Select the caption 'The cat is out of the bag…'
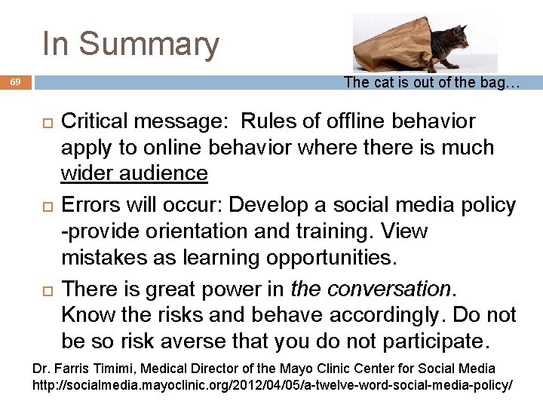[x=431, y=83]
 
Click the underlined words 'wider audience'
[x=134, y=173]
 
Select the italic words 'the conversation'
[x=370, y=289]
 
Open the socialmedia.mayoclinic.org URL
[x=272, y=385]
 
